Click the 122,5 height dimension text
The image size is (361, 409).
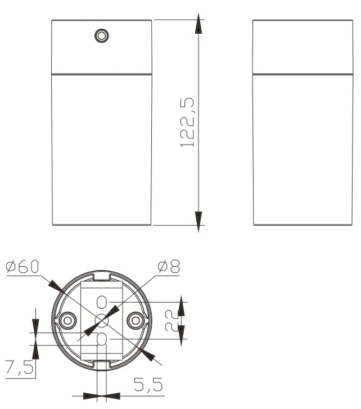click(x=187, y=123)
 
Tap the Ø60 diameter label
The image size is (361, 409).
click(x=22, y=266)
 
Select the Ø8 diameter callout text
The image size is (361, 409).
click(x=169, y=266)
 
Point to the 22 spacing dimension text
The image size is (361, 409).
click(x=171, y=321)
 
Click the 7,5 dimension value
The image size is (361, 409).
click(x=19, y=367)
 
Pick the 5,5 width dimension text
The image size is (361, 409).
click(x=148, y=384)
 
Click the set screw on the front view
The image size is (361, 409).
click(x=102, y=36)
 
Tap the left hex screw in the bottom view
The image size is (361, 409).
click(x=67, y=320)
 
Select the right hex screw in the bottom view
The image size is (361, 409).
click(x=136, y=320)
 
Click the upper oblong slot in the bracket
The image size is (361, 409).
click(x=101, y=302)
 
